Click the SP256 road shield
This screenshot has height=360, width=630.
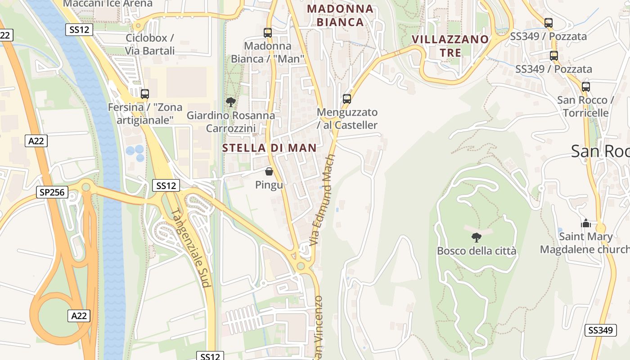tap(52, 193)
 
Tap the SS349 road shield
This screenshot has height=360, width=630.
tap(600, 330)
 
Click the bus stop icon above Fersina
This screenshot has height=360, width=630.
tap(145, 94)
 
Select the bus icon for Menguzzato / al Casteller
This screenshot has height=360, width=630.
tap(346, 99)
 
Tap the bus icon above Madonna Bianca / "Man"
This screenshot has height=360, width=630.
tap(268, 32)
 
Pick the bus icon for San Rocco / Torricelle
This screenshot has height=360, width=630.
tap(585, 87)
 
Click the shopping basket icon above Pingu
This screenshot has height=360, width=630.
tap(269, 171)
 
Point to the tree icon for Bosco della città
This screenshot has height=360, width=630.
tap(476, 237)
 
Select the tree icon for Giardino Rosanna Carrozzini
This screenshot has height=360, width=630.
tap(231, 102)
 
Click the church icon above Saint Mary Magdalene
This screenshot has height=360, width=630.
tap(585, 223)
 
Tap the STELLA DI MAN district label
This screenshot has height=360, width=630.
tap(269, 148)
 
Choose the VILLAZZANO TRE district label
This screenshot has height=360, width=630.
tap(450, 46)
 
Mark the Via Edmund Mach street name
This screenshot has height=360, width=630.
tap(323, 200)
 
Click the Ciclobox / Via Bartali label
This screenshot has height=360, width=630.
tap(149, 44)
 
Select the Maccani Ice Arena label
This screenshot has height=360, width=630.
tap(108, 4)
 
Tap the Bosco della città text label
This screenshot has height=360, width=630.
tap(476, 251)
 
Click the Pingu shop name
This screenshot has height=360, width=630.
tap(269, 184)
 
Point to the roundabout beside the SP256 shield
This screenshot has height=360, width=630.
tap(85, 186)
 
